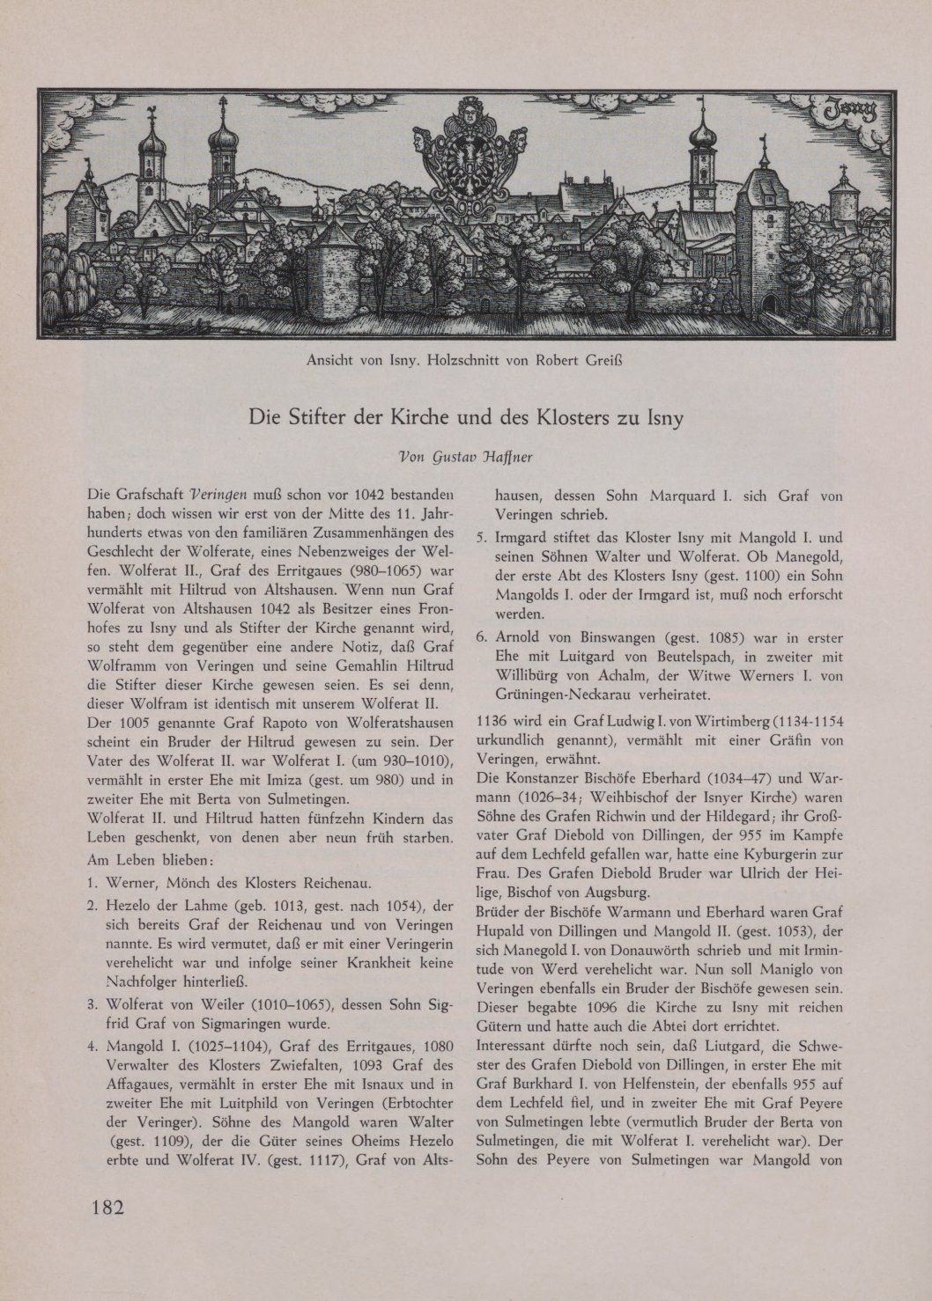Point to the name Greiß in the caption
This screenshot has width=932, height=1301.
point(604,360)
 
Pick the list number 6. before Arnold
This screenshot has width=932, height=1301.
point(482,636)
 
